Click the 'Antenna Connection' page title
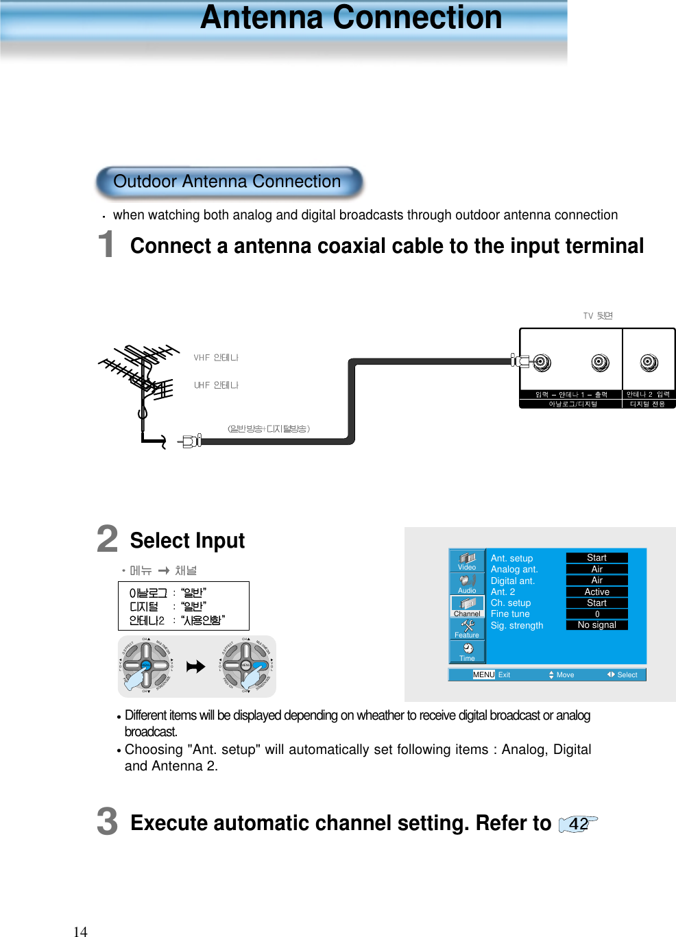(x=351, y=18)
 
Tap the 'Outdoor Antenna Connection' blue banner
(x=228, y=182)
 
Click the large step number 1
(x=106, y=245)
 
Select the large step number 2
(x=107, y=539)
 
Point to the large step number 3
(x=107, y=822)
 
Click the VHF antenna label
(x=215, y=358)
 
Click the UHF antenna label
(x=215, y=385)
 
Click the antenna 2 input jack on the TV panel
(x=649, y=363)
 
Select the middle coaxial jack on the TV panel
(x=600, y=363)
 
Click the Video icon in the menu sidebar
(x=467, y=561)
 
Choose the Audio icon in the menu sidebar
(x=467, y=583)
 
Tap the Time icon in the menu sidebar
(x=467, y=652)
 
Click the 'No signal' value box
(x=596, y=625)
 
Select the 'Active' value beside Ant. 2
(x=596, y=592)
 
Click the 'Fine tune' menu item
(x=510, y=614)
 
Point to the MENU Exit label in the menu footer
(x=492, y=675)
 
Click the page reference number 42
(x=578, y=824)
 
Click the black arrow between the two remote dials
(x=196, y=666)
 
